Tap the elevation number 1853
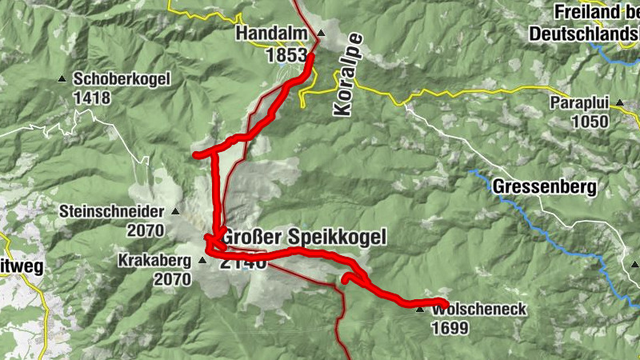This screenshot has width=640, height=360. point(286,55)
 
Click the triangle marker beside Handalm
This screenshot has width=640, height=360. point(321,33)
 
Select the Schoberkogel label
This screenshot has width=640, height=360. point(121,79)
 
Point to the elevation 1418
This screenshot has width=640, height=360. point(94,99)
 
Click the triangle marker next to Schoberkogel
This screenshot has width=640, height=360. point(62,78)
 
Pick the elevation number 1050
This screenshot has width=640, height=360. point(590,122)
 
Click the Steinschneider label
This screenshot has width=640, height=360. point(110,212)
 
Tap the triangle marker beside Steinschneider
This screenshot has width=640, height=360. point(175,212)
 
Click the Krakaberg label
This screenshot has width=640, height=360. point(155,261)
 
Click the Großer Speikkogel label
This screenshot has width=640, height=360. point(304,238)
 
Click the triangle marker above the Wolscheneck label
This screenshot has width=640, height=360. point(419,308)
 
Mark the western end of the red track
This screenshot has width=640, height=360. point(197,155)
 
